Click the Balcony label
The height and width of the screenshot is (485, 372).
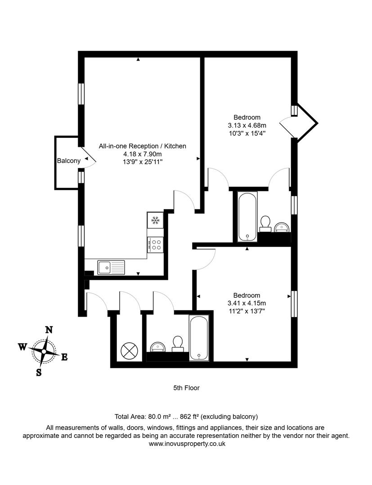click(x=69, y=161)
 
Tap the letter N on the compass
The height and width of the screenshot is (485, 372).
click(x=49, y=330)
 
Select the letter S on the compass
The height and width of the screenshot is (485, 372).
click(x=39, y=372)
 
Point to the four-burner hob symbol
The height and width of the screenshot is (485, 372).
click(x=156, y=244)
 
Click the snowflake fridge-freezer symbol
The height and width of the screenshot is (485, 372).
click(x=156, y=220)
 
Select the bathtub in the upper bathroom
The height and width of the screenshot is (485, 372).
click(x=247, y=216)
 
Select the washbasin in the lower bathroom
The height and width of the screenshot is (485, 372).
click(x=158, y=347)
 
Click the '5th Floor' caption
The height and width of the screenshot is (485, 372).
click(x=186, y=388)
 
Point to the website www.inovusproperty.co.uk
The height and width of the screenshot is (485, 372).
click(x=186, y=444)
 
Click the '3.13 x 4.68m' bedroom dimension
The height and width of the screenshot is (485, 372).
click(x=247, y=125)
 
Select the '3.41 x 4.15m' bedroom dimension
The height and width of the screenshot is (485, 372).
click(x=247, y=303)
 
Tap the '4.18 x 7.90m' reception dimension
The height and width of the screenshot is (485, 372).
click(x=142, y=154)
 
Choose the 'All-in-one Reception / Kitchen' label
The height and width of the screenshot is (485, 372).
click(x=142, y=146)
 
